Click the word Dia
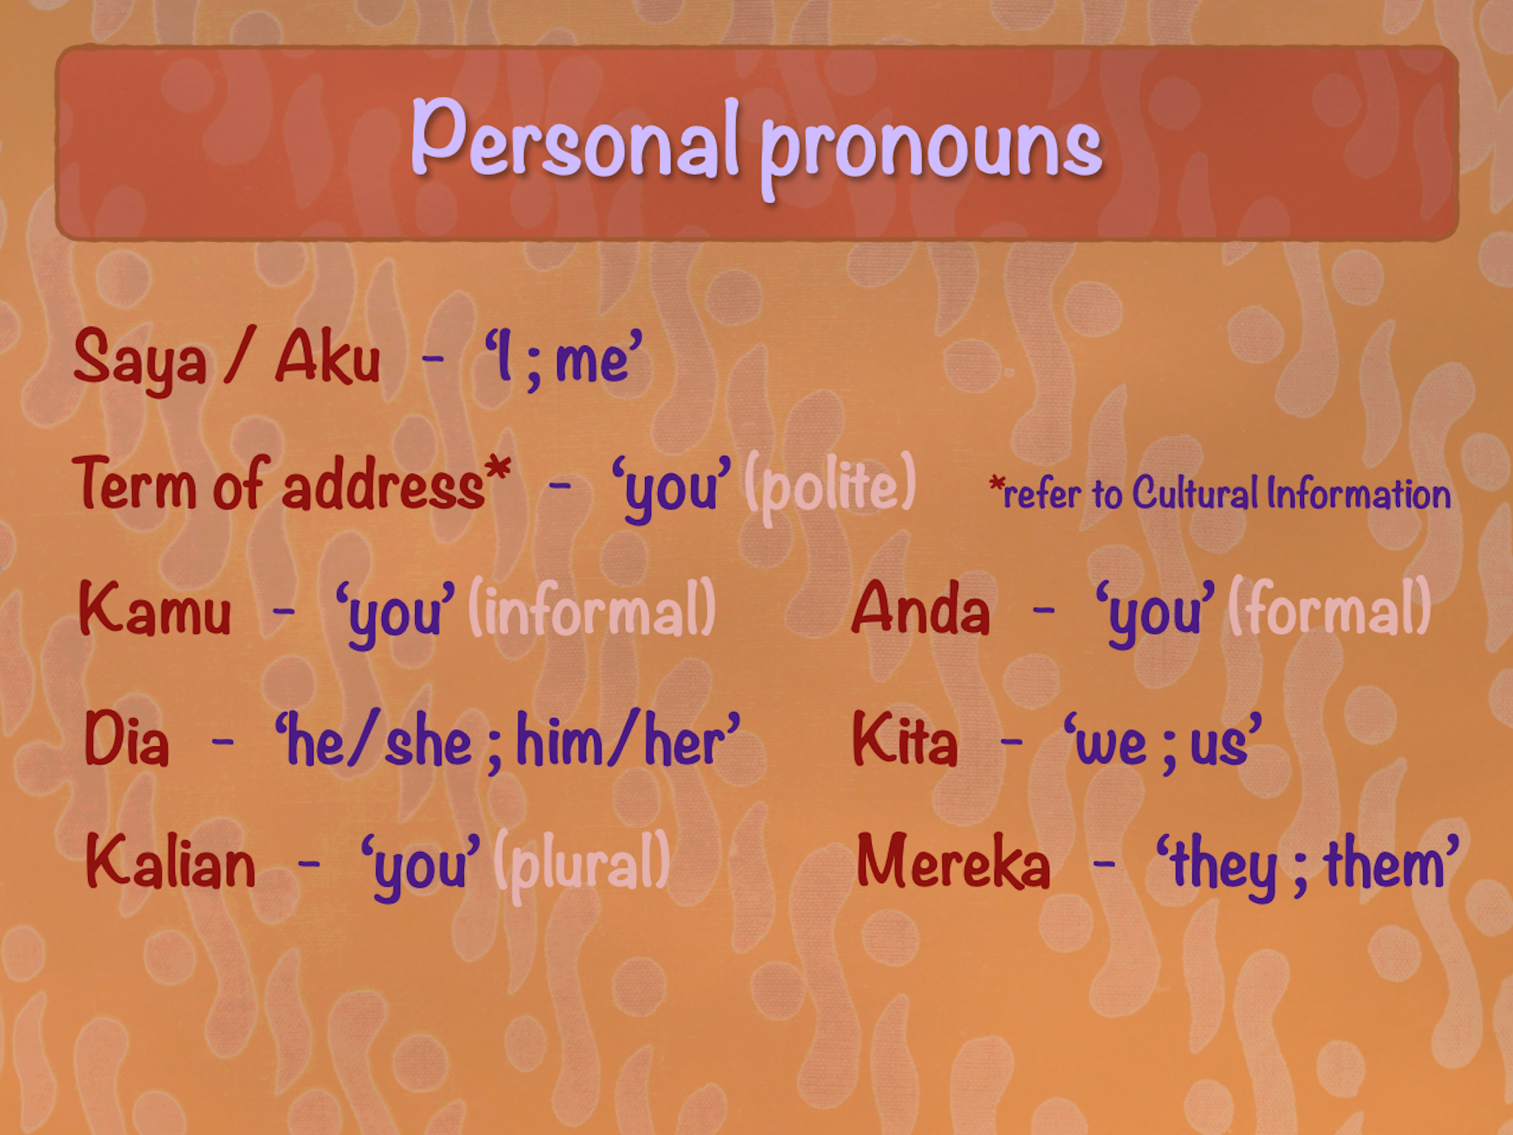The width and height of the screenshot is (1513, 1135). click(x=126, y=738)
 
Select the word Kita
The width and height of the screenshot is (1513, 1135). click(x=905, y=738)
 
